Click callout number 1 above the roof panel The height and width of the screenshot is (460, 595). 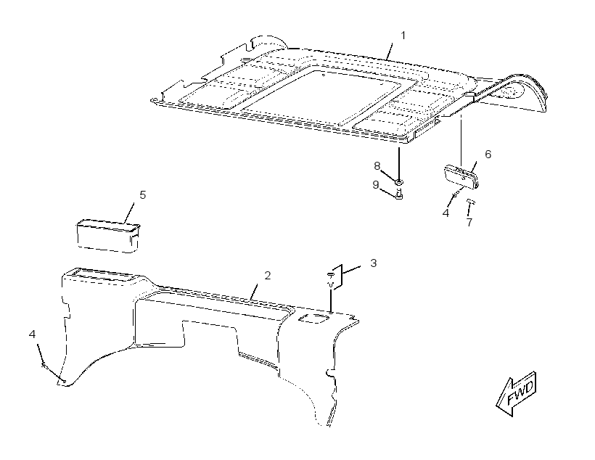tap(403, 36)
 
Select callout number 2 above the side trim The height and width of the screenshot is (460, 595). tap(268, 276)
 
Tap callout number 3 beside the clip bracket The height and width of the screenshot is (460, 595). tap(374, 263)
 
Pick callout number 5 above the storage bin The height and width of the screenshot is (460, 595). tap(142, 194)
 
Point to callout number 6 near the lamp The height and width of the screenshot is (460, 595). tap(488, 154)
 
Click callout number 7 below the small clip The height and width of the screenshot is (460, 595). tap(469, 222)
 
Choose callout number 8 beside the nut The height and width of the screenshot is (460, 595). tap(377, 166)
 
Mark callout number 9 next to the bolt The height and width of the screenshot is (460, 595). tap(376, 184)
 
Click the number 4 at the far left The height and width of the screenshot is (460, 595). tap(32, 334)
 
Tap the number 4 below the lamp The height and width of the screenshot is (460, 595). tap(446, 213)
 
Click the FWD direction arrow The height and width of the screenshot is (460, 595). tap(517, 393)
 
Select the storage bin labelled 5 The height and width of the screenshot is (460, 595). tap(108, 236)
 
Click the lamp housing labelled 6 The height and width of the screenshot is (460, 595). tap(461, 176)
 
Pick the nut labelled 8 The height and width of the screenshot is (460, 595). tap(399, 182)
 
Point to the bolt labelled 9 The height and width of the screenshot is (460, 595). tap(399, 194)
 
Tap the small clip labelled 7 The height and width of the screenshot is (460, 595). tap(471, 201)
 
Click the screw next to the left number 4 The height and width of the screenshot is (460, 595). tap(44, 365)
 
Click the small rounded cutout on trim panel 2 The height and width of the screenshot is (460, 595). tap(313, 319)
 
